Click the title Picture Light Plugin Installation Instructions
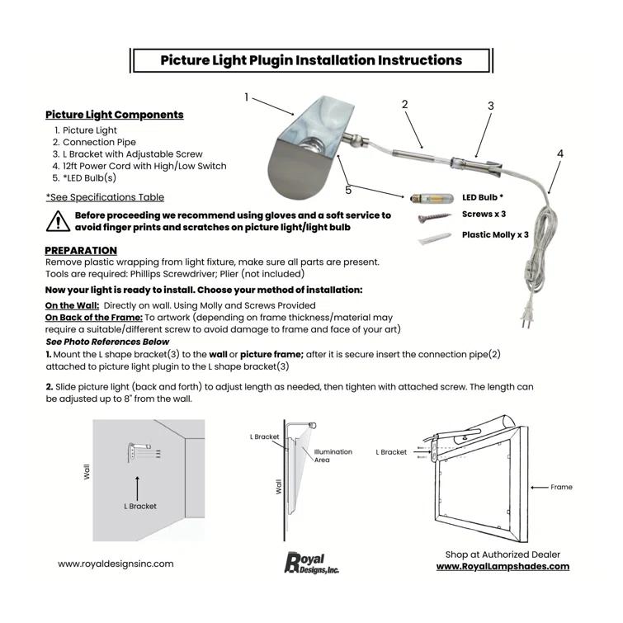311,60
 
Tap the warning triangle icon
58,220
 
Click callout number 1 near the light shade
246,97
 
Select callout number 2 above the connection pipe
404,104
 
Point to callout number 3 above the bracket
490,106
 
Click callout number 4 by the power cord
560,153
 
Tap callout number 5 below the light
348,190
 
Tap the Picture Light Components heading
115,115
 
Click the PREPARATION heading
81,250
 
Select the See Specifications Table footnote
105,197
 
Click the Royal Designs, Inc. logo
311,563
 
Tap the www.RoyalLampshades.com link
503,567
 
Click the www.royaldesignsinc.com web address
116,564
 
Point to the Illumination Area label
333,455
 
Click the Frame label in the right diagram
561,487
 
